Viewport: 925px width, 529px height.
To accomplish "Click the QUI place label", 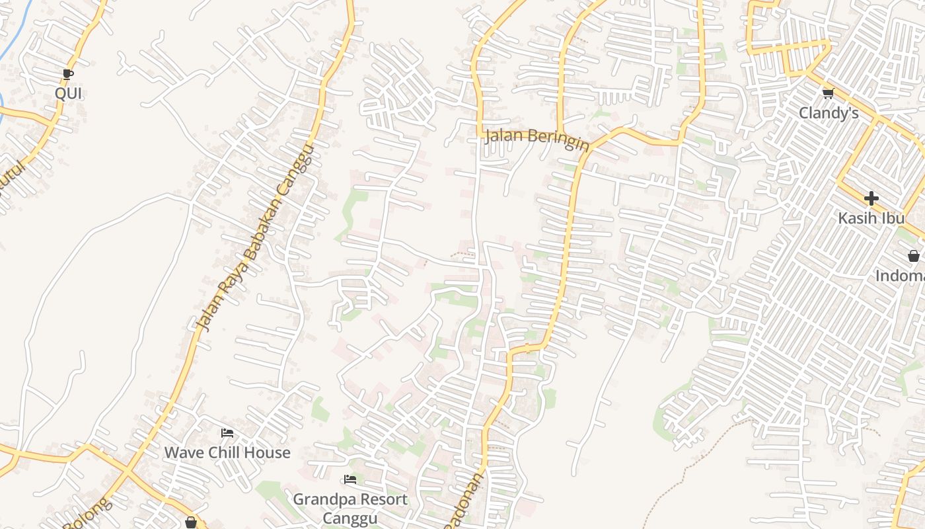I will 68,93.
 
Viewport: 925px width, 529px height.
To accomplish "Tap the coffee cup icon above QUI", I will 67,74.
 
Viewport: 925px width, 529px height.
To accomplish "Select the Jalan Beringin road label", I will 536,140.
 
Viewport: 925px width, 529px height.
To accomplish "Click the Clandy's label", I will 829,113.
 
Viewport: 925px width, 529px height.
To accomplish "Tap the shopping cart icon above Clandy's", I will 828,93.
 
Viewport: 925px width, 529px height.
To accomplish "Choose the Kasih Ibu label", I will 871,218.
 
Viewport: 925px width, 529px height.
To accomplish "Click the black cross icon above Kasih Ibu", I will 871,198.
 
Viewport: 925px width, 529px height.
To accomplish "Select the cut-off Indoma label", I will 900,276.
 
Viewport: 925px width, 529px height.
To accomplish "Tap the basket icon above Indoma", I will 913,256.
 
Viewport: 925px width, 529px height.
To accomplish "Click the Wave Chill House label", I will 227,453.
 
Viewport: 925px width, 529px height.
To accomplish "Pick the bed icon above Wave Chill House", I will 227,434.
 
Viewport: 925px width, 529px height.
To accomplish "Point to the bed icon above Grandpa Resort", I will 350,479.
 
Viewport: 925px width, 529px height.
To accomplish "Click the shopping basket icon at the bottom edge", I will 191,522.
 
